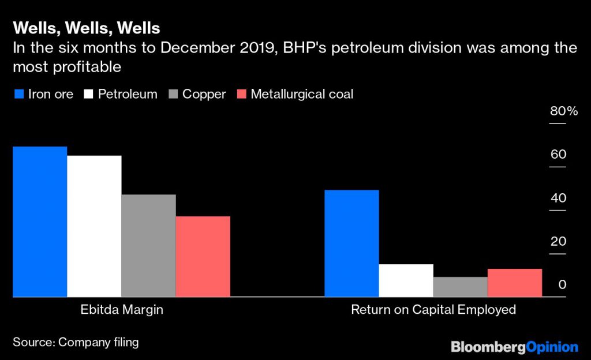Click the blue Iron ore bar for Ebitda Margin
coord(40,222)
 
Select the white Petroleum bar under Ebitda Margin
coord(94,226)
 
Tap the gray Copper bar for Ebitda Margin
coord(148,246)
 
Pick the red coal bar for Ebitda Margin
coord(203,257)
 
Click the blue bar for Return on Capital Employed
coord(351,243)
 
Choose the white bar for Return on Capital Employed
coord(406,280)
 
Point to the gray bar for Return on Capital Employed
coord(460,287)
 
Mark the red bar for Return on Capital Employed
coord(514,283)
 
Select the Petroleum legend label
coord(127,94)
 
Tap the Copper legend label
coord(204,94)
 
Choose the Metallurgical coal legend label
coord(301,94)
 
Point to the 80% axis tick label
coord(563,111)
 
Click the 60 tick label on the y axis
coord(558,155)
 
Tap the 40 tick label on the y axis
coord(558,198)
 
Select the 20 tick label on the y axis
coord(558,241)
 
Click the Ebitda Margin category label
coord(121,310)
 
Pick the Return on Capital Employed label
coord(433,310)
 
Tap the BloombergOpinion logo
coord(514,347)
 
